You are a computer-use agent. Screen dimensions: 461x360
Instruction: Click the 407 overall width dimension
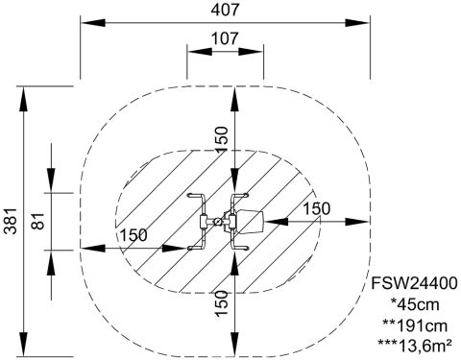point(225,10)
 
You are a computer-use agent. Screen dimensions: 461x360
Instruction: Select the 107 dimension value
point(225,38)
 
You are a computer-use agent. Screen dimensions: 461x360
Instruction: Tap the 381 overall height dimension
point(12,221)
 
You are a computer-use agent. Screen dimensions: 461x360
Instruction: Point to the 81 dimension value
point(38,221)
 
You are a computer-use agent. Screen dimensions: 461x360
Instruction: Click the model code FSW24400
point(414,283)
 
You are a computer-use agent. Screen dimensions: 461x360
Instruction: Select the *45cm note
point(415,304)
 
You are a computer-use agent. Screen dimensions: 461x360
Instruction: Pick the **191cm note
point(415,325)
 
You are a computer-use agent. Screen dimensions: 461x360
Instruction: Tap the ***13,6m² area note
point(415,347)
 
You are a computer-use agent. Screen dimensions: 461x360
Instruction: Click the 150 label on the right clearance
point(316,209)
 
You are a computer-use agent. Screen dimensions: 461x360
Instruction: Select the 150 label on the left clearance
point(133,235)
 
